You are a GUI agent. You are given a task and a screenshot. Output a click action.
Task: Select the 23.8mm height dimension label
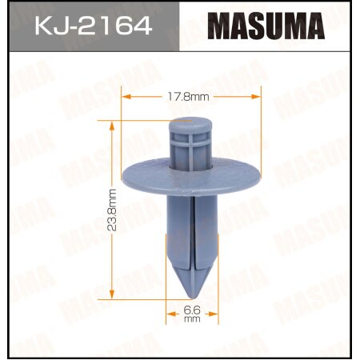pyautogui.click(x=112, y=210)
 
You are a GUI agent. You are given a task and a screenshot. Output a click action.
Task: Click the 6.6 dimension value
pyautogui.click(x=191, y=309)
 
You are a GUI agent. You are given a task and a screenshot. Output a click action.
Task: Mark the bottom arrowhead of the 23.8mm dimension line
pyautogui.click(x=113, y=291)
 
